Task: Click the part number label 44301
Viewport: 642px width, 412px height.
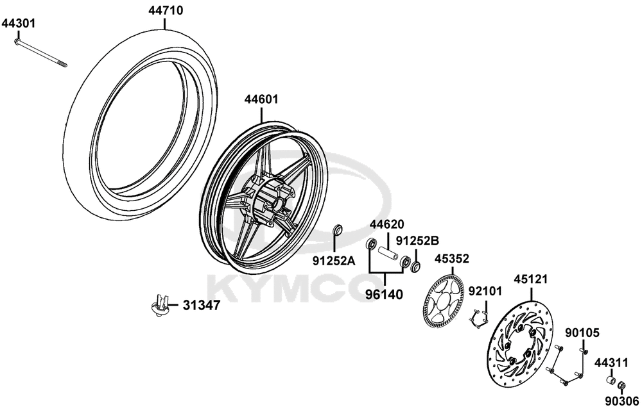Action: (19, 23)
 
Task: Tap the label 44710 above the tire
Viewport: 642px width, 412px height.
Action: (166, 10)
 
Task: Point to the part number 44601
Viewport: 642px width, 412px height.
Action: (262, 99)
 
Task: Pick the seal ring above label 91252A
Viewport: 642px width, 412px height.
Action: (338, 230)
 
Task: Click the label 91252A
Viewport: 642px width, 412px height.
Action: (334, 260)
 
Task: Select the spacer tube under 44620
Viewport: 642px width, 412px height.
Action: (387, 254)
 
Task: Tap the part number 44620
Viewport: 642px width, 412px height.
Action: (387, 224)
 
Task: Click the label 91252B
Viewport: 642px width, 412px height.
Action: (417, 240)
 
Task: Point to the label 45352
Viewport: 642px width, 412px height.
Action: (452, 259)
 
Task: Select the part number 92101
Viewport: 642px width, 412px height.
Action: (485, 292)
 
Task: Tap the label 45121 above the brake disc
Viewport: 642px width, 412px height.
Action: (531, 279)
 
